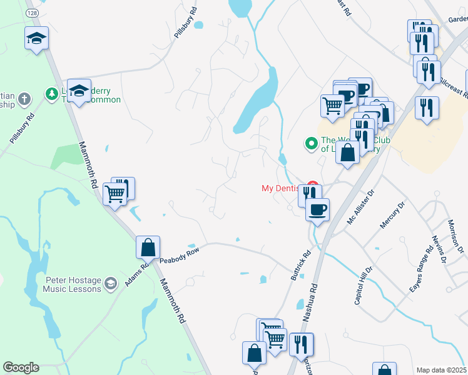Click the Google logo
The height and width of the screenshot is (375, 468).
(x=21, y=367)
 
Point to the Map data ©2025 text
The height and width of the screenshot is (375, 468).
(x=441, y=370)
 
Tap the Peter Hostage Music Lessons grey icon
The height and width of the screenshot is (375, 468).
(x=111, y=283)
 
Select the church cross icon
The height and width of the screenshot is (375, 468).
(x=24, y=99)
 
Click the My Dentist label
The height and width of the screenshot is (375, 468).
(x=282, y=188)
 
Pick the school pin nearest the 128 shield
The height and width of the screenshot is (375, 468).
(x=36, y=38)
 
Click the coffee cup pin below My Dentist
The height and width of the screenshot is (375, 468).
(x=318, y=209)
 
